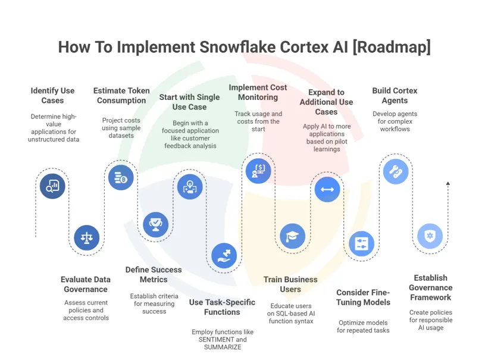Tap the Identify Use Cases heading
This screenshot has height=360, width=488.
pyautogui.click(x=52, y=96)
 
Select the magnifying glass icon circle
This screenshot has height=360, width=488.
pyautogui.click(x=52, y=186)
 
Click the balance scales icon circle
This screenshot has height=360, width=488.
pyautogui.click(x=87, y=238)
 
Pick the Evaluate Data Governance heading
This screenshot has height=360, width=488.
pyautogui.click(x=85, y=284)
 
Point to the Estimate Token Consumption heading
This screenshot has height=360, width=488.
pyautogui.click(x=121, y=96)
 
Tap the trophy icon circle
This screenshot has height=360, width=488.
pyautogui.click(x=156, y=224)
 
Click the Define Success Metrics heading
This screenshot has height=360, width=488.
pyautogui.click(x=154, y=274)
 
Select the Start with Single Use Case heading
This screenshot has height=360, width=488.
pyautogui.click(x=190, y=102)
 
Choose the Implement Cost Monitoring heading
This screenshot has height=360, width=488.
pyautogui.click(x=258, y=92)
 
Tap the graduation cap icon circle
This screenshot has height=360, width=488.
pyautogui.click(x=292, y=236)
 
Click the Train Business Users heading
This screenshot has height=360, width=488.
pyautogui.click(x=290, y=284)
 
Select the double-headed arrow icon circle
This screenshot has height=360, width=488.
pyautogui.click(x=327, y=190)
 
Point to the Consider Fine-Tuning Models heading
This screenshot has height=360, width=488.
pyautogui.click(x=363, y=297)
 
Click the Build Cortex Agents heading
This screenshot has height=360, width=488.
pyautogui.click(x=395, y=96)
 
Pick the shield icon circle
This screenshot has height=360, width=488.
pyautogui.click(x=430, y=236)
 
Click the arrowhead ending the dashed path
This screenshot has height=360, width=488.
pyautogui.click(x=448, y=184)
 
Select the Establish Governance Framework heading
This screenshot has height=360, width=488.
pyautogui.click(x=430, y=287)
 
